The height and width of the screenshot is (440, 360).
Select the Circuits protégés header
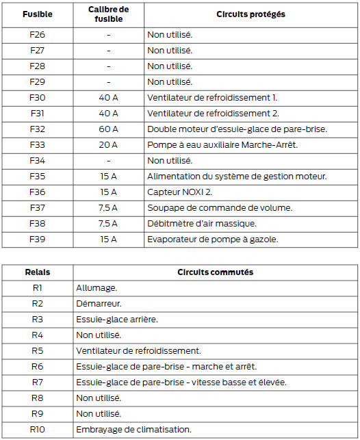pos(250,14)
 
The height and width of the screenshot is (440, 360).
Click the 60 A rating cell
pos(108,129)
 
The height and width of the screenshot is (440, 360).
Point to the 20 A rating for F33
pos(108,144)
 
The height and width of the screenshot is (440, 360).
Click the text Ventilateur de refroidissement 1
pos(212,97)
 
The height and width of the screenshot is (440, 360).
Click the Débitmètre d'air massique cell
pos(203,224)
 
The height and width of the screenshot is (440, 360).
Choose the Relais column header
pos(37,272)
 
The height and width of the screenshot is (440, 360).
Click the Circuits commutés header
pos(216,272)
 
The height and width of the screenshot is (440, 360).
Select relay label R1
pos(37,288)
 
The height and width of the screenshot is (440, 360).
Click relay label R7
pos(37,382)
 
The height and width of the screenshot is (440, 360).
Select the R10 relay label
pos(37,430)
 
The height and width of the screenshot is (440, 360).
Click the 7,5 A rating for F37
pos(108,208)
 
